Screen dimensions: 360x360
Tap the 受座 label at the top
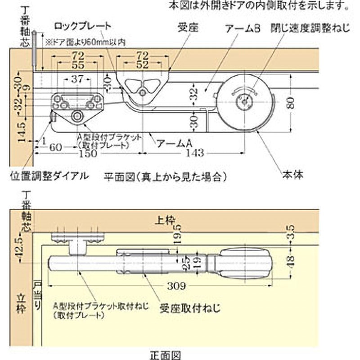pyautogui.click(x=185, y=28)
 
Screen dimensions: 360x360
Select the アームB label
pyautogui.click(x=243, y=28)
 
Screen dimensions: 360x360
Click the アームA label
pyautogui.click(x=174, y=144)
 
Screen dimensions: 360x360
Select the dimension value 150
pyautogui.click(x=85, y=153)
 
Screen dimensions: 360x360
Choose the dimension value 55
pyautogui.click(x=77, y=64)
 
